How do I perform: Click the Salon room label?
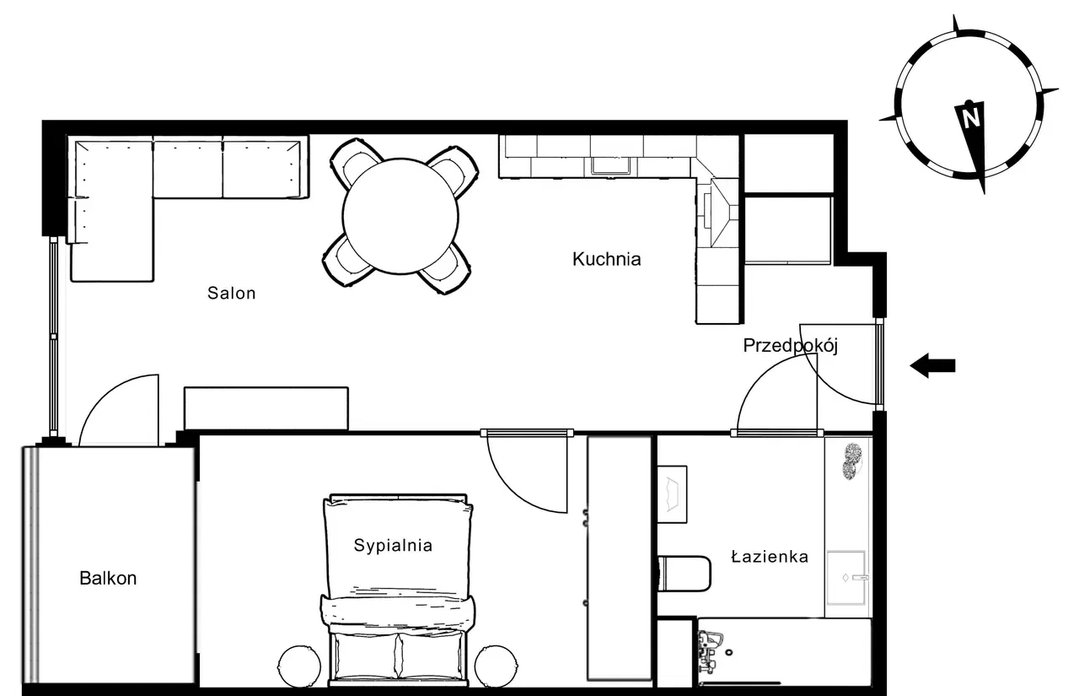pyautogui.click(x=231, y=293)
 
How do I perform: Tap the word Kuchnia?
pyautogui.click(x=606, y=259)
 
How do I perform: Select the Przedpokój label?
pyautogui.click(x=791, y=346)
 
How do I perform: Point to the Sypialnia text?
pyautogui.click(x=393, y=546)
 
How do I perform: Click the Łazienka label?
pyautogui.click(x=770, y=557)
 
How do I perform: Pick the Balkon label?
pyautogui.click(x=108, y=578)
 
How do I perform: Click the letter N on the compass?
pyautogui.click(x=970, y=117)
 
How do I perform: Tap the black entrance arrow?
pyautogui.click(x=932, y=365)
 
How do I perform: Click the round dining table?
pyautogui.click(x=400, y=217)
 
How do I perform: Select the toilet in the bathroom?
pyautogui.click(x=684, y=574)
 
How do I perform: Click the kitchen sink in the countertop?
pyautogui.click(x=611, y=166)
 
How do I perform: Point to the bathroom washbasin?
pyautogui.click(x=847, y=578)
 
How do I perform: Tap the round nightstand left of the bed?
pyautogui.click(x=299, y=666)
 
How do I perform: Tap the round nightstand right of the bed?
pyautogui.click(x=497, y=666)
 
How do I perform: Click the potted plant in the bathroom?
pyautogui.click(x=852, y=461)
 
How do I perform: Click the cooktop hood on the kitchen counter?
pyautogui.click(x=721, y=212)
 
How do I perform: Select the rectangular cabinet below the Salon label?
pyautogui.click(x=266, y=407)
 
